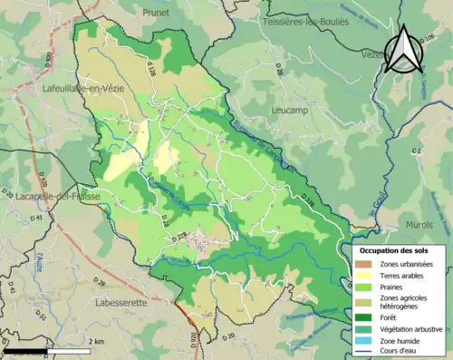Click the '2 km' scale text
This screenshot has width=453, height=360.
(97, 341)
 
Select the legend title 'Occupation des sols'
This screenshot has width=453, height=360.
(394, 249)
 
